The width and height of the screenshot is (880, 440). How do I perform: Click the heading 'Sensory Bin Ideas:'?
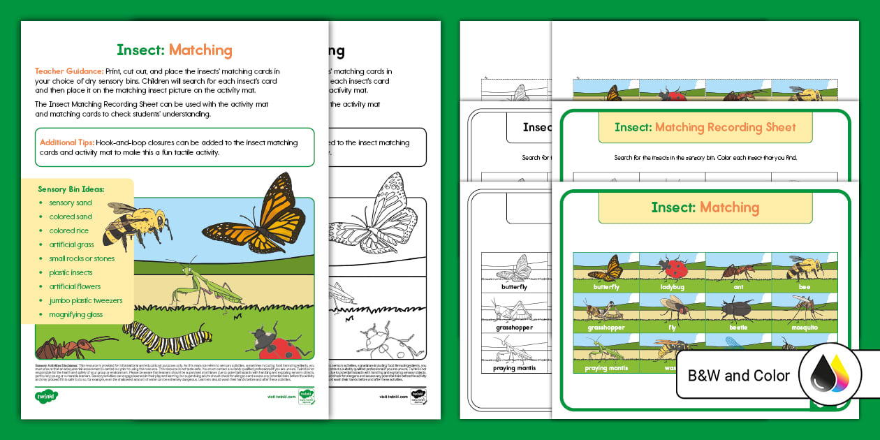coord(71,189)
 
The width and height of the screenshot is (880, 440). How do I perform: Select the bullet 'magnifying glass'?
coord(76,314)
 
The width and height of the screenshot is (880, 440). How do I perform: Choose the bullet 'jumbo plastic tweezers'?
coord(86,300)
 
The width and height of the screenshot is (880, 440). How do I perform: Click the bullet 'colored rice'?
coord(69,230)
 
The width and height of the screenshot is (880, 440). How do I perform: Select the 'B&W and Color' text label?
coord(739,376)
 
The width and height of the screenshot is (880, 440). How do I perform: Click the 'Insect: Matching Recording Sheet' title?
coord(705,127)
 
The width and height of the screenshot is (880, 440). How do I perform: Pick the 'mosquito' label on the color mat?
coord(805,327)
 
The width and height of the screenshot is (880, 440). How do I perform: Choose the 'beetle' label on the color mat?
coord(738,327)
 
